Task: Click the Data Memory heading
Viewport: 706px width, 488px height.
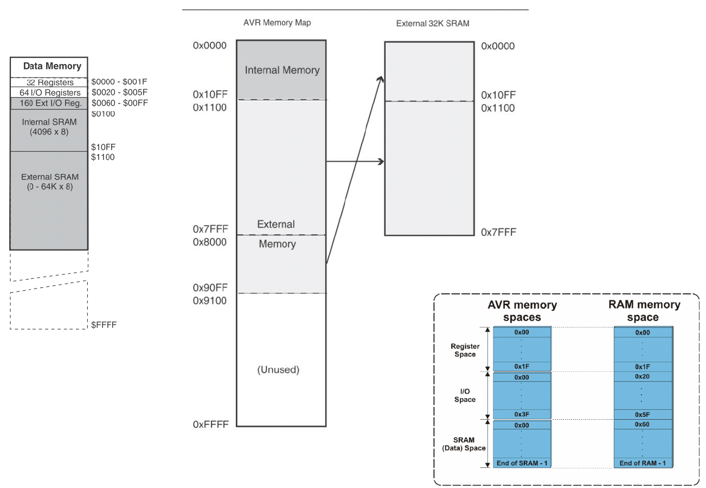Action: click(x=52, y=66)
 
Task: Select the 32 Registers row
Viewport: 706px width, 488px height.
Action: click(x=50, y=82)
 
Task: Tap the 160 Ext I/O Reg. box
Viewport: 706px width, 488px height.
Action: click(x=50, y=103)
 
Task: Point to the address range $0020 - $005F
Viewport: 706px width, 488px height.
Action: click(x=119, y=92)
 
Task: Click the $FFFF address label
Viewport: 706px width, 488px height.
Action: click(x=104, y=325)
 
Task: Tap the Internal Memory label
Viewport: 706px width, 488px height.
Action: click(x=282, y=70)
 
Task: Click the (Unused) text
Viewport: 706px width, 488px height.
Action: click(x=278, y=370)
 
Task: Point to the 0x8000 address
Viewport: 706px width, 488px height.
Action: click(x=209, y=242)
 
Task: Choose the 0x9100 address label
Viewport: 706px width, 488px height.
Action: click(x=209, y=300)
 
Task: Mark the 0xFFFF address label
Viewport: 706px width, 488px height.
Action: click(x=209, y=425)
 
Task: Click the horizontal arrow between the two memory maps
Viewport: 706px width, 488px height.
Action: click(x=355, y=162)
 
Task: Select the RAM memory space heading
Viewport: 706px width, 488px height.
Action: click(x=644, y=311)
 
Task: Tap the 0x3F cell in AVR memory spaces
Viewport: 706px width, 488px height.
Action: click(x=522, y=414)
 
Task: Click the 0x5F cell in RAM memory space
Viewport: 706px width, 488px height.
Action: click(x=643, y=414)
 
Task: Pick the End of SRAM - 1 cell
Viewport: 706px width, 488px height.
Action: click(x=522, y=463)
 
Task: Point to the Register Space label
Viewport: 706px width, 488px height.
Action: click(x=464, y=350)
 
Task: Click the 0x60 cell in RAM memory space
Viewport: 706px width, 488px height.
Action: click(x=643, y=425)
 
